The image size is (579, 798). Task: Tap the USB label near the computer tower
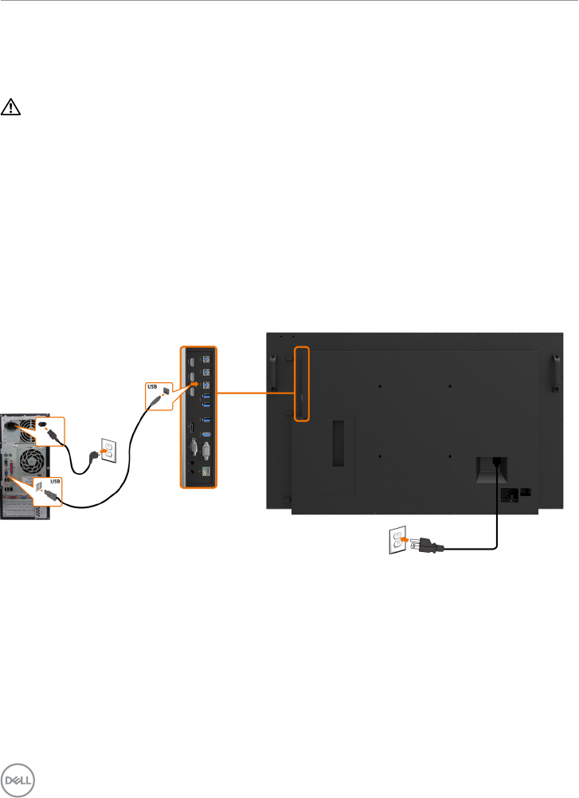[x=55, y=481]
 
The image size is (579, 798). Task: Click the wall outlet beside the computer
[x=108, y=452]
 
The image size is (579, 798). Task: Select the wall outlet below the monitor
[x=396, y=539]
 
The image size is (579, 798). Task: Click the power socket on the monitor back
[x=498, y=461]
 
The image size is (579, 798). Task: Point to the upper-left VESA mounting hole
[x=381, y=387]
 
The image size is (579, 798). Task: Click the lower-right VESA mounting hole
[x=450, y=456]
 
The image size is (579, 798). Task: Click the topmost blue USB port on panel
[x=206, y=359]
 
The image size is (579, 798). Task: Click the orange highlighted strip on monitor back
[x=302, y=383]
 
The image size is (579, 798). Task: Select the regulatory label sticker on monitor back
[x=508, y=494]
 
